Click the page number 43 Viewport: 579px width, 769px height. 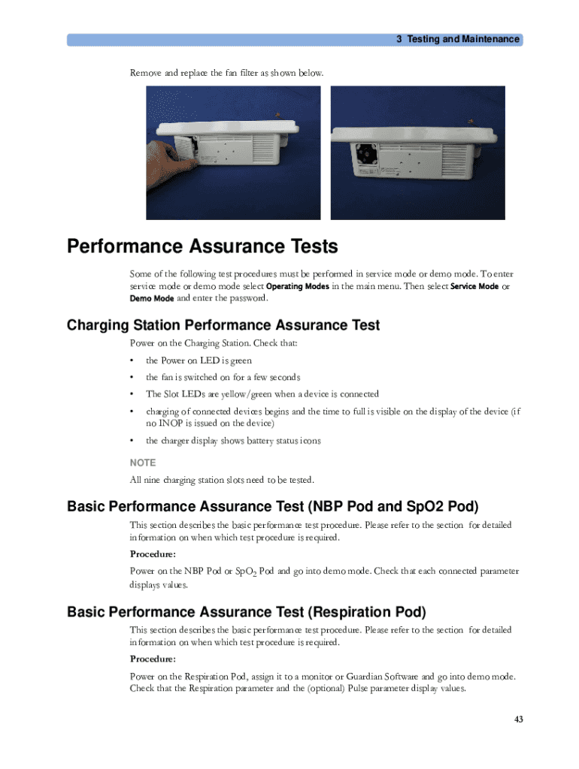pyautogui.click(x=518, y=719)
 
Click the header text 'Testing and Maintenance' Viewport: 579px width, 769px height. pyautogui.click(x=463, y=39)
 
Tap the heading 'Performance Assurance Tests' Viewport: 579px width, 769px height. pyautogui.click(x=202, y=246)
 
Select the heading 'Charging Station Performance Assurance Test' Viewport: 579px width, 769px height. pyautogui.click(x=223, y=325)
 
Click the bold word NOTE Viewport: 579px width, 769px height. pyautogui.click(x=143, y=463)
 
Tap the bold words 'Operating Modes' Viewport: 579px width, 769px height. pyautogui.click(x=298, y=286)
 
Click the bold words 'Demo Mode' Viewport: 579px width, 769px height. pyautogui.click(x=152, y=298)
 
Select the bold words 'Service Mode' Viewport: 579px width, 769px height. pyautogui.click(x=474, y=286)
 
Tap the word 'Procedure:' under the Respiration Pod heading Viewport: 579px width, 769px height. pyautogui.click(x=153, y=659)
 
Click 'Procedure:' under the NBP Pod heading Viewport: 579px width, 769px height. pyautogui.click(x=153, y=554)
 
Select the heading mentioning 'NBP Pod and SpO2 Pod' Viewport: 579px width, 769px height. pyautogui.click(x=272, y=506)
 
